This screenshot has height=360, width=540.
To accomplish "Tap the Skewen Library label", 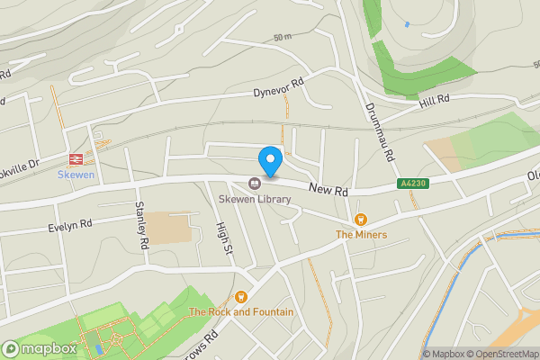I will (x=261, y=198).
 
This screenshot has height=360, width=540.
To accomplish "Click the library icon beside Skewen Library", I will (x=255, y=184).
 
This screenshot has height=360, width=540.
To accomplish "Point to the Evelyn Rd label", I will (x=70, y=225).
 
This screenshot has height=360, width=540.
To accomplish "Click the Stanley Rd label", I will (x=141, y=225).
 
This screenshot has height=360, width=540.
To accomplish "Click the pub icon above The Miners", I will (x=362, y=219).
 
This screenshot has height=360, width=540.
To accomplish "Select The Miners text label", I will (x=362, y=235).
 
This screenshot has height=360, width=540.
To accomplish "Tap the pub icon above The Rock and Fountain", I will (x=240, y=297).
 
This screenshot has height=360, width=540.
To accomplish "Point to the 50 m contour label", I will (x=283, y=38).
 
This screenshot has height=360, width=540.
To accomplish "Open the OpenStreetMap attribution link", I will (x=502, y=354).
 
